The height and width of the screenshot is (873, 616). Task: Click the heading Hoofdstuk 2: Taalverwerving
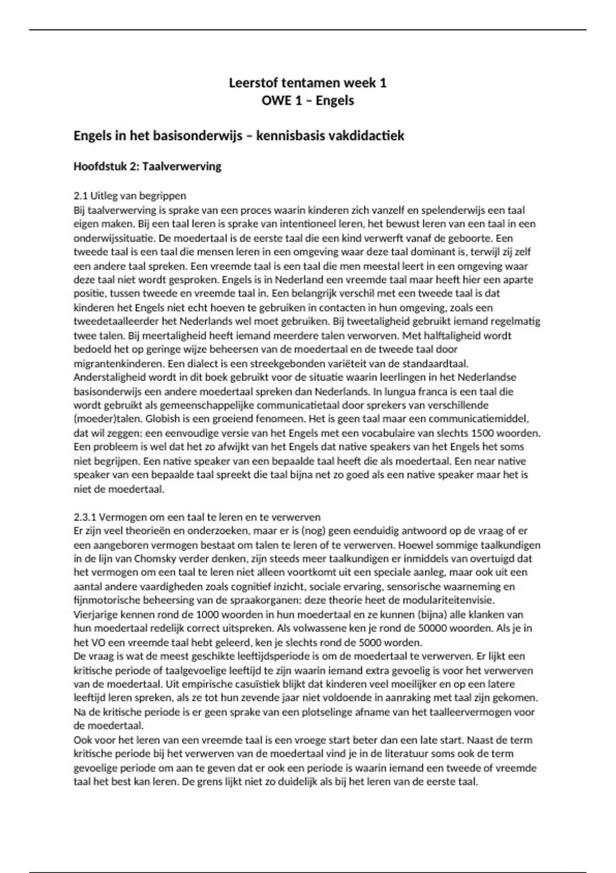(x=147, y=166)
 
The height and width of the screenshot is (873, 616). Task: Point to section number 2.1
(x=81, y=196)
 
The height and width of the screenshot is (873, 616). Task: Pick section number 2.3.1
(x=85, y=517)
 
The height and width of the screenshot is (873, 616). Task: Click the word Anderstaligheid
(x=105, y=377)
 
